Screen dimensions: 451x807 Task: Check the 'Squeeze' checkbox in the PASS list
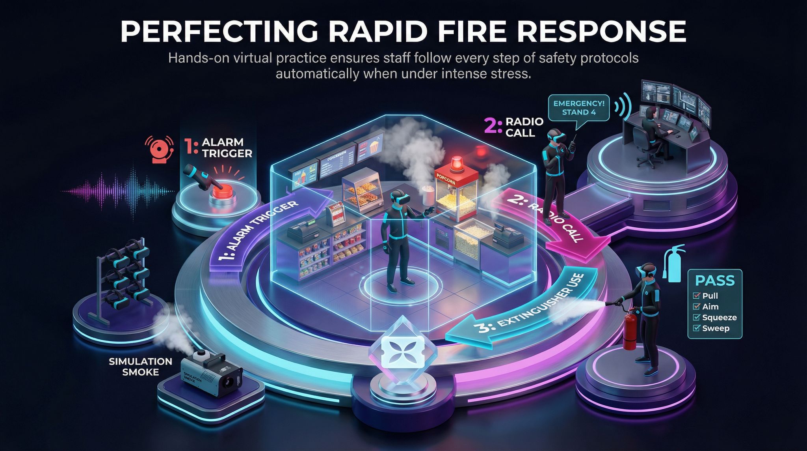pos(696,318)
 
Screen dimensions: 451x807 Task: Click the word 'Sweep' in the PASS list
pos(716,328)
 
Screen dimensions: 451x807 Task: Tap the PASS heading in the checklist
pos(715,281)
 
